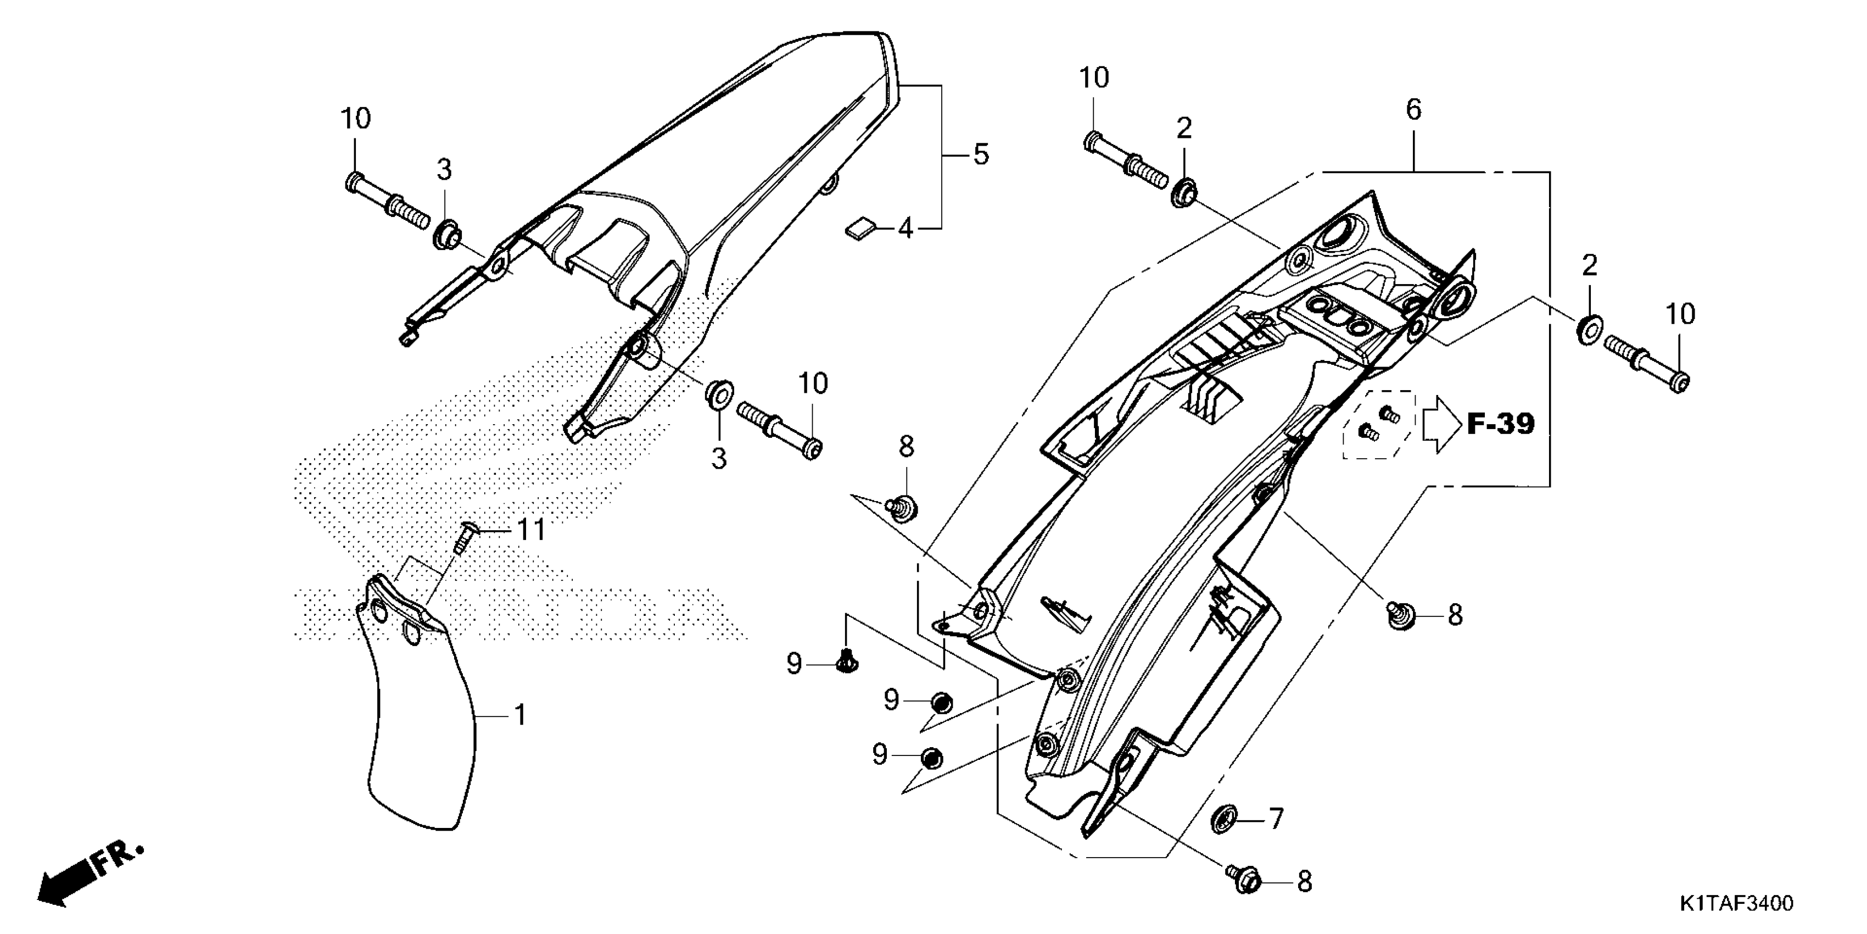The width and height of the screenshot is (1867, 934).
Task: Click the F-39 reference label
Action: (1501, 424)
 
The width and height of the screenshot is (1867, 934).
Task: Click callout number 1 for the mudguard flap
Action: (519, 716)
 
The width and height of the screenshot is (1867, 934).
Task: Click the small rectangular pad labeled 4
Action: (860, 230)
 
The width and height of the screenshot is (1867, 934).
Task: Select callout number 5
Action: (981, 154)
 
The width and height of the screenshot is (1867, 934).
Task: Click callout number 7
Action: (1276, 819)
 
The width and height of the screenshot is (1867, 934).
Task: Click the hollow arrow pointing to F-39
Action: (1440, 425)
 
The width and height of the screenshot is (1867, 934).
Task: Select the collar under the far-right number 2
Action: (1588, 330)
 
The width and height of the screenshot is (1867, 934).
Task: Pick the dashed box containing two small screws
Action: (1378, 425)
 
